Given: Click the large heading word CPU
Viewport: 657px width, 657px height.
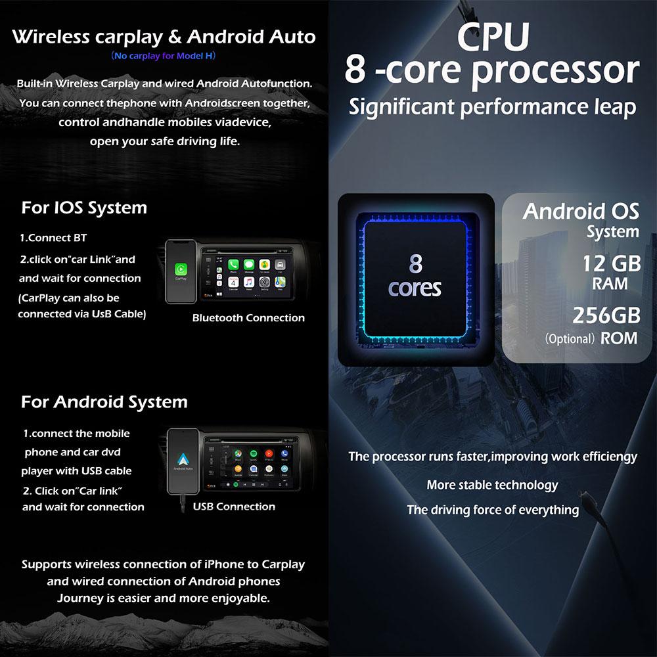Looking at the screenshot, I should click(493, 37).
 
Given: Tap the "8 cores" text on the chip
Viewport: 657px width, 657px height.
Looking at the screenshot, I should click(415, 276).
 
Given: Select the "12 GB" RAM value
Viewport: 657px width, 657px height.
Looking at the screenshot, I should click(611, 264).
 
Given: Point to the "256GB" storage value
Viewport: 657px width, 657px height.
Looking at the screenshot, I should click(606, 315).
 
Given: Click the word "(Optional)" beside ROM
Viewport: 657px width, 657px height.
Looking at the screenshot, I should click(570, 340).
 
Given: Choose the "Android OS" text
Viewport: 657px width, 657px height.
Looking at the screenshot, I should click(581, 212).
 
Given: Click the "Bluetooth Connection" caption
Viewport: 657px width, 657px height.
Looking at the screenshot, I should click(248, 318).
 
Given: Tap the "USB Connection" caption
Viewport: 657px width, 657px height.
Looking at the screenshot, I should click(234, 507).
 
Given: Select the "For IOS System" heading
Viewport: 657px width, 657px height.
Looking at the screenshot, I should click(84, 208).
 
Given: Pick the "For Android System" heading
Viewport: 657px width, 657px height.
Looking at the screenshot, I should click(104, 402).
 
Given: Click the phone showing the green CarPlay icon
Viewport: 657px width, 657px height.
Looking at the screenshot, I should click(181, 271).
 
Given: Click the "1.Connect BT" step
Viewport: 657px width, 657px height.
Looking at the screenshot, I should click(53, 238).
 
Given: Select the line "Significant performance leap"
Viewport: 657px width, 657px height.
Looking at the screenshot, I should click(492, 106).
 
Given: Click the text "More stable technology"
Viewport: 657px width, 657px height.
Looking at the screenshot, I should click(492, 485).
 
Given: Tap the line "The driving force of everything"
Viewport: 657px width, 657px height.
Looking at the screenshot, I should click(493, 510).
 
